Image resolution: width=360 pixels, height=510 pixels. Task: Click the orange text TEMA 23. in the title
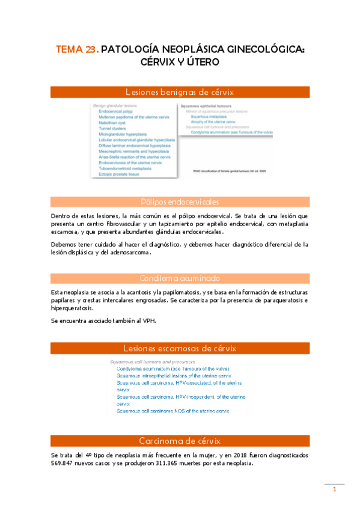(x=77, y=51)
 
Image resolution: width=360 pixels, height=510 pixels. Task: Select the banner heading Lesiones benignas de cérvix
(x=180, y=92)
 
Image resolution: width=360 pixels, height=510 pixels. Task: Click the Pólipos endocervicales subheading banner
(x=180, y=201)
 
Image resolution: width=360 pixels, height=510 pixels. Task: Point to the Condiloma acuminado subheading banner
(x=180, y=278)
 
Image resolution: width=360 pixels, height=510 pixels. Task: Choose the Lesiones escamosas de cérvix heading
(x=180, y=348)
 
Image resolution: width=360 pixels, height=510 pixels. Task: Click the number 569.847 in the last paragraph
(x=66, y=464)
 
